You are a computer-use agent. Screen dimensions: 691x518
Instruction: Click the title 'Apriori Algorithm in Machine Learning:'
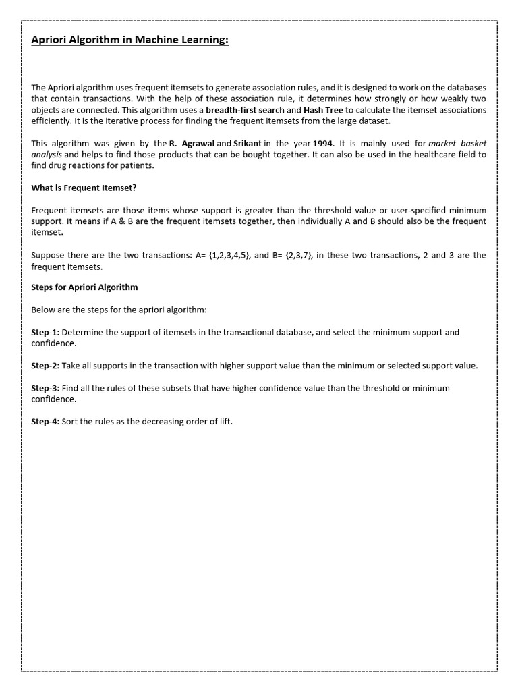click(130, 41)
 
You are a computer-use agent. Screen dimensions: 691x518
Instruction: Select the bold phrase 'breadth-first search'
click(244, 110)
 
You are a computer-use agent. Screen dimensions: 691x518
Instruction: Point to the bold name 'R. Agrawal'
click(192, 144)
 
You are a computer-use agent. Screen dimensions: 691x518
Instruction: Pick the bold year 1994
click(323, 144)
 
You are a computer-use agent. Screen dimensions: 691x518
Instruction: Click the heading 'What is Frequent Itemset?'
click(84, 188)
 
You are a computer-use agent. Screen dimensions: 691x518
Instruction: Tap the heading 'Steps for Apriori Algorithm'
click(84, 287)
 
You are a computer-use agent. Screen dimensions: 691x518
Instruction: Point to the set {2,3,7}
click(297, 255)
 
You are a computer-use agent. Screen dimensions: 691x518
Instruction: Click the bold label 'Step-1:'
click(45, 333)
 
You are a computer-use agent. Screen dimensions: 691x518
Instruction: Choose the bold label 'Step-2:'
click(45, 366)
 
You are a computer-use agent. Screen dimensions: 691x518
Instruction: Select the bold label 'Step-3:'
click(45, 389)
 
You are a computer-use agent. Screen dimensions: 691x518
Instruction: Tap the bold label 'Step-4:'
click(45, 422)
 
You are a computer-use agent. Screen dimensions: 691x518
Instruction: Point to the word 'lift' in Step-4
click(225, 422)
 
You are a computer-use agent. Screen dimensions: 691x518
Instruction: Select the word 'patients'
click(137, 165)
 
